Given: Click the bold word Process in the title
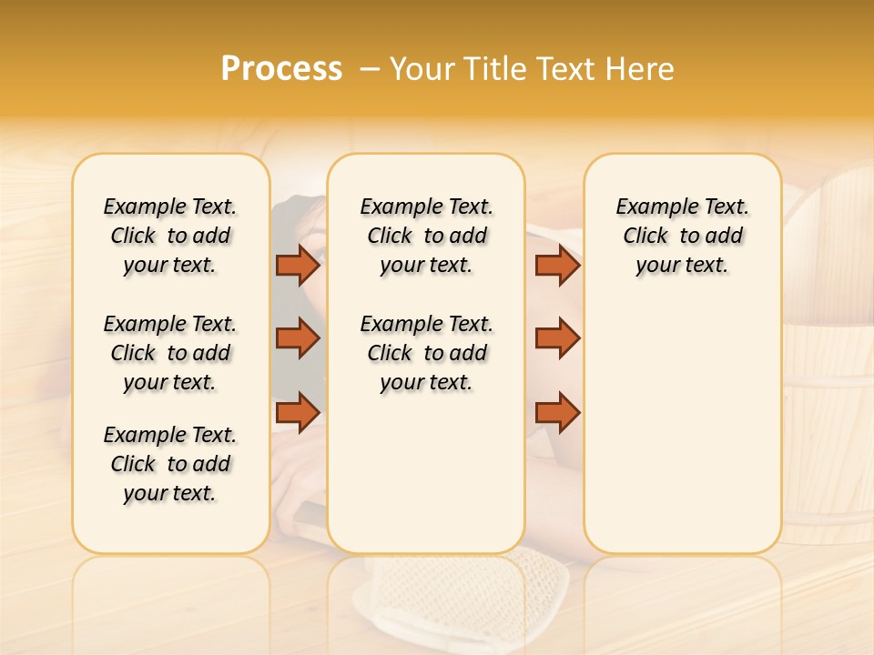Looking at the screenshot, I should (281, 69).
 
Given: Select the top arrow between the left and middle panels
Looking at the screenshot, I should (298, 265).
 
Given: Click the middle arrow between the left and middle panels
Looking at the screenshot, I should (298, 338).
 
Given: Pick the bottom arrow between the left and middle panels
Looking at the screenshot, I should (298, 412).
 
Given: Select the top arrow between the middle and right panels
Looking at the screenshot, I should (557, 265).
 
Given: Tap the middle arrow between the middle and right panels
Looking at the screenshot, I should (557, 338).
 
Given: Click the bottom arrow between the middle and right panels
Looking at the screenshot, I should (557, 412).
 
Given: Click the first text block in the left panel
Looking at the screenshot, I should (170, 236).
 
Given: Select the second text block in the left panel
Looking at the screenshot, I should (170, 353).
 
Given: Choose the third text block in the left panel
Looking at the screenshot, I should (170, 464).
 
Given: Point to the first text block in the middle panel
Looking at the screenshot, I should (426, 236).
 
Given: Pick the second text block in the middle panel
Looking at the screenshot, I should (426, 353).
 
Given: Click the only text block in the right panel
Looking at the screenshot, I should (682, 236).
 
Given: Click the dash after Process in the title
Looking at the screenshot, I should (371, 69).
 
